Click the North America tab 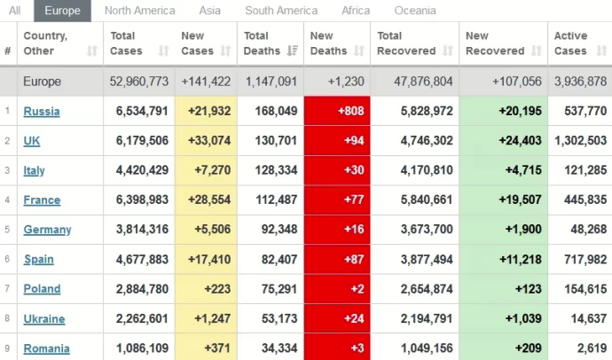pyautogui.click(x=139, y=11)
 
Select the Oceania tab pyautogui.click(x=415, y=11)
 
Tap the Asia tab pyautogui.click(x=210, y=11)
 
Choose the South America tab pyautogui.click(x=281, y=11)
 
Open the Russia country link pyautogui.click(x=42, y=111)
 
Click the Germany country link pyautogui.click(x=47, y=230)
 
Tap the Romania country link pyautogui.click(x=46, y=348)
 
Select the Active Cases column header pyautogui.click(x=570, y=43)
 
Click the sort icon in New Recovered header pyautogui.click(x=536, y=51)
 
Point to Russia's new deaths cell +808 pyautogui.click(x=337, y=111)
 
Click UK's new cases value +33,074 pyautogui.click(x=205, y=141)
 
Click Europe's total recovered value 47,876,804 pyautogui.click(x=415, y=82)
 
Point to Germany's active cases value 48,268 pyautogui.click(x=585, y=230)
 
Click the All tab pyautogui.click(x=15, y=11)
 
